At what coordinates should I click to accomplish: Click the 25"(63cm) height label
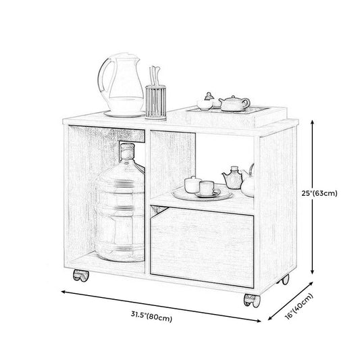pos(319,193)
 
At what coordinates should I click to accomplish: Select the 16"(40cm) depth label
pos(299,306)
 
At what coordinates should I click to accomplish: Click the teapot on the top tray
pos(234,103)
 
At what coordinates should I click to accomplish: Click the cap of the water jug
pos(127,149)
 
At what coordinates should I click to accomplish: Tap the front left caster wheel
pos(81,276)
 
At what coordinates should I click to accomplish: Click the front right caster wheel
pos(252,301)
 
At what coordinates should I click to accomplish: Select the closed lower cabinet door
pos(202,247)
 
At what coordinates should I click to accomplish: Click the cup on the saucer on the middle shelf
pos(207,188)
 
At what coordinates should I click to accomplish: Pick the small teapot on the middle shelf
pos(232,178)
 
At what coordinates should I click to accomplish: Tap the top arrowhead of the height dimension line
pos(312,122)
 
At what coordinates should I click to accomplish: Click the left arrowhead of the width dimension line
pos(64,292)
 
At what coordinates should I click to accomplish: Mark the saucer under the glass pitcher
pos(125,113)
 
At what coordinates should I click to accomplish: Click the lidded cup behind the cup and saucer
pos(192,184)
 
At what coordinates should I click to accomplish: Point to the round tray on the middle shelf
pos(202,195)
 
